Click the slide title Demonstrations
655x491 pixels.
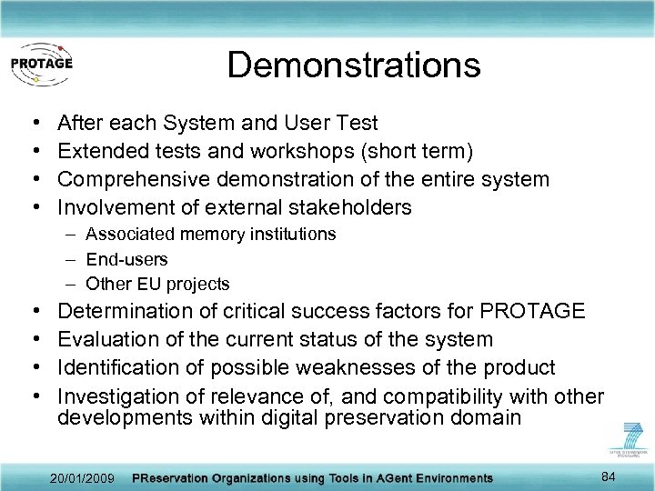tap(353, 65)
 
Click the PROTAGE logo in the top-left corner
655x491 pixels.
tap(41, 64)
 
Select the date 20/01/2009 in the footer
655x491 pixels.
tap(84, 478)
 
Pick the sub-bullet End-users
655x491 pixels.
tap(126, 259)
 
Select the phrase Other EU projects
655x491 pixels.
tap(157, 284)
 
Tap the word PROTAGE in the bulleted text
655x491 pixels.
tap(531, 311)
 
